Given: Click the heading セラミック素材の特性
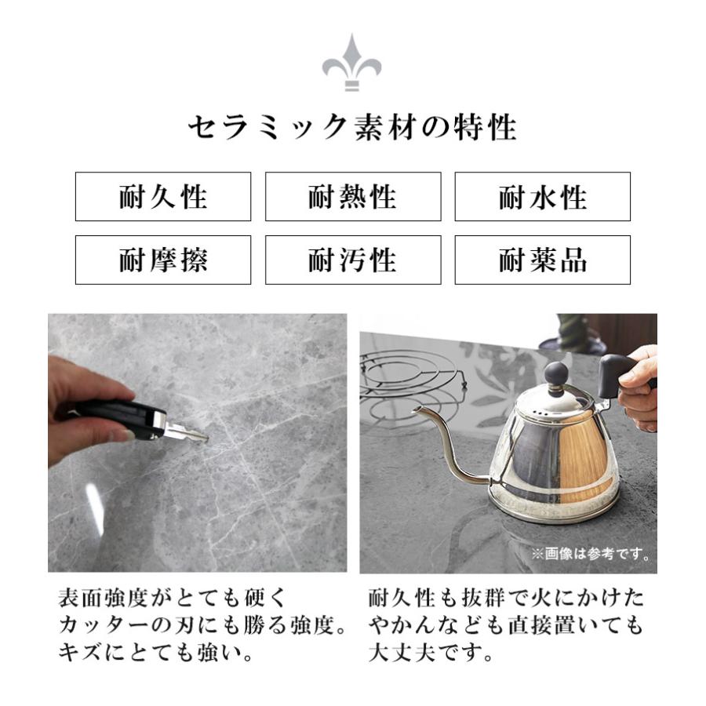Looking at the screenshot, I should coord(352,128).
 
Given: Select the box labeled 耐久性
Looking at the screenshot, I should coord(163,197).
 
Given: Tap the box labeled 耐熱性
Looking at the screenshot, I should coord(352,197).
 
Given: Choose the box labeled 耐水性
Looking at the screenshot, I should coord(542,197).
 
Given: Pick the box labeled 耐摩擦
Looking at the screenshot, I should coord(163,260).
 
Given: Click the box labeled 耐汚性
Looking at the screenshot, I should coord(352,260).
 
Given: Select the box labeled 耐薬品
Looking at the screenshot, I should coord(542,260).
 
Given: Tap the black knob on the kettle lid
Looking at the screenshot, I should coord(556,374).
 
